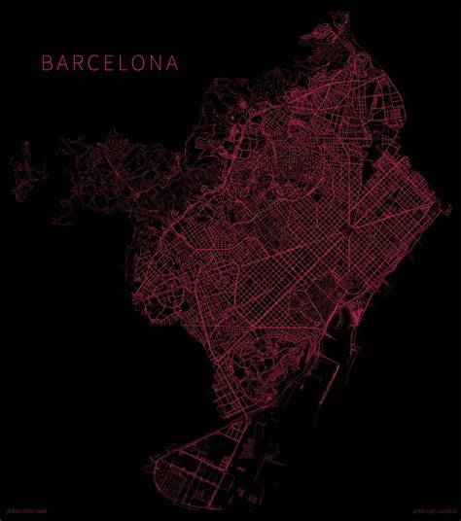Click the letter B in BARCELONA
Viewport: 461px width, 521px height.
pyautogui.click(x=46, y=63)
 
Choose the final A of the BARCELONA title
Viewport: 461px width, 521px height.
pyautogui.click(x=173, y=63)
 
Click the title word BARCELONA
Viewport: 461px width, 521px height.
pyautogui.click(x=110, y=63)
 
